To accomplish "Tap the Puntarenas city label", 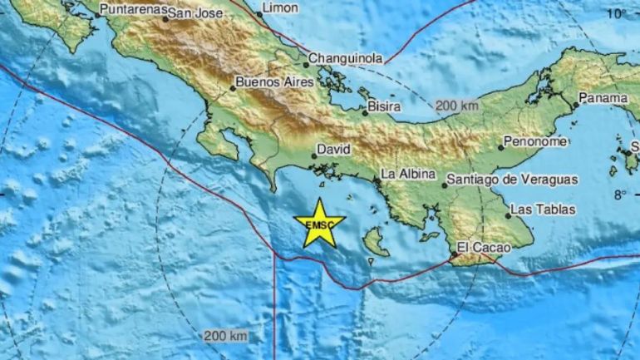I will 130,11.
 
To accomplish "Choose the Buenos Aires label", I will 274,82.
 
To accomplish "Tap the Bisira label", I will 386,106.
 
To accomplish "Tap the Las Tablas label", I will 544,209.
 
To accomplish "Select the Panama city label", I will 604,98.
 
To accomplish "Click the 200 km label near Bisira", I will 457,106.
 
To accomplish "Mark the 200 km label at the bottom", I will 225,335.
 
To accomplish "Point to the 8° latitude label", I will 621,195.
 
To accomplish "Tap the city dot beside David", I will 313,155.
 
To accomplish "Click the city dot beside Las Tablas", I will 509,215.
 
